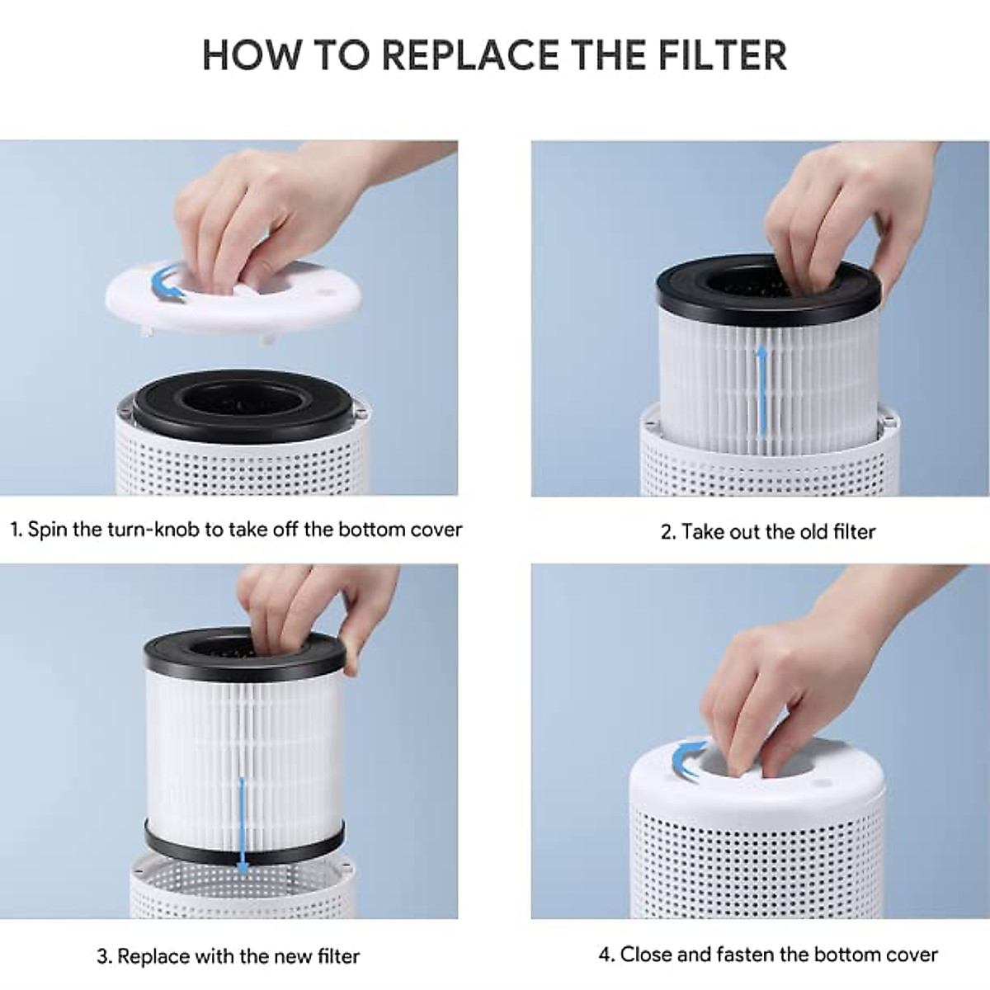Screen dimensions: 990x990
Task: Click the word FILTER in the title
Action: (723, 55)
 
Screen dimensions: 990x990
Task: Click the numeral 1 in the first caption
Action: (16, 530)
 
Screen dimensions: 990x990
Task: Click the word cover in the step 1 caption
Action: (436, 530)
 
